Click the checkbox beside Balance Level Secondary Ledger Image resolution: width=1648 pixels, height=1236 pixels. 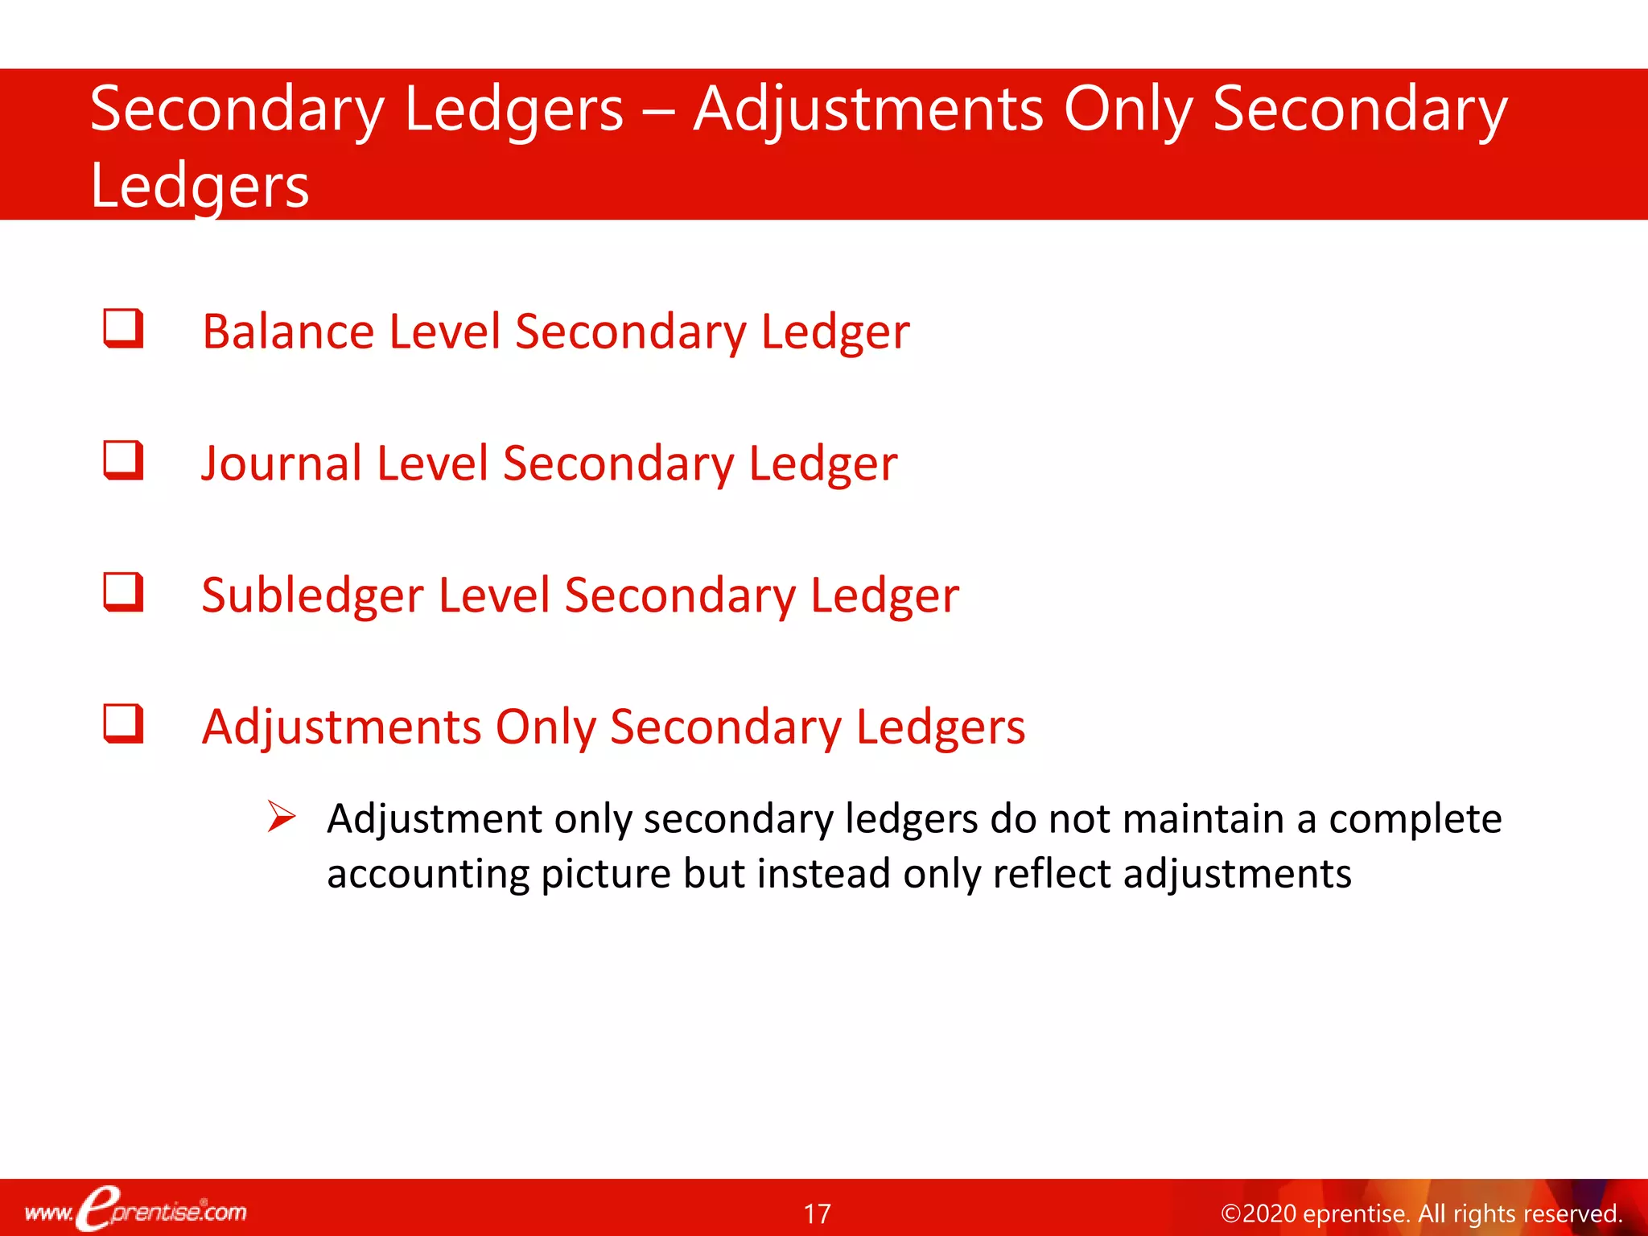[123, 328]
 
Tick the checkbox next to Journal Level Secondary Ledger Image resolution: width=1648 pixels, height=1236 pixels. [123, 460]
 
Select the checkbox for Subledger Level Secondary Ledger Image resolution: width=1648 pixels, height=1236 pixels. [123, 592]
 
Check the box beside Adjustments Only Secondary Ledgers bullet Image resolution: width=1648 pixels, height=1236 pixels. [123, 724]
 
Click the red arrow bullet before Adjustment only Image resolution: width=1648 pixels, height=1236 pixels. [282, 817]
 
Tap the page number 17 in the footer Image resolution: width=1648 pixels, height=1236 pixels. [817, 1213]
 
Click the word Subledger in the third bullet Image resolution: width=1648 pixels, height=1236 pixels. [312, 595]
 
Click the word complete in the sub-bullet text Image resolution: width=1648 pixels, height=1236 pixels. [1415, 819]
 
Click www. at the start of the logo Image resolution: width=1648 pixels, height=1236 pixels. [48, 1213]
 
